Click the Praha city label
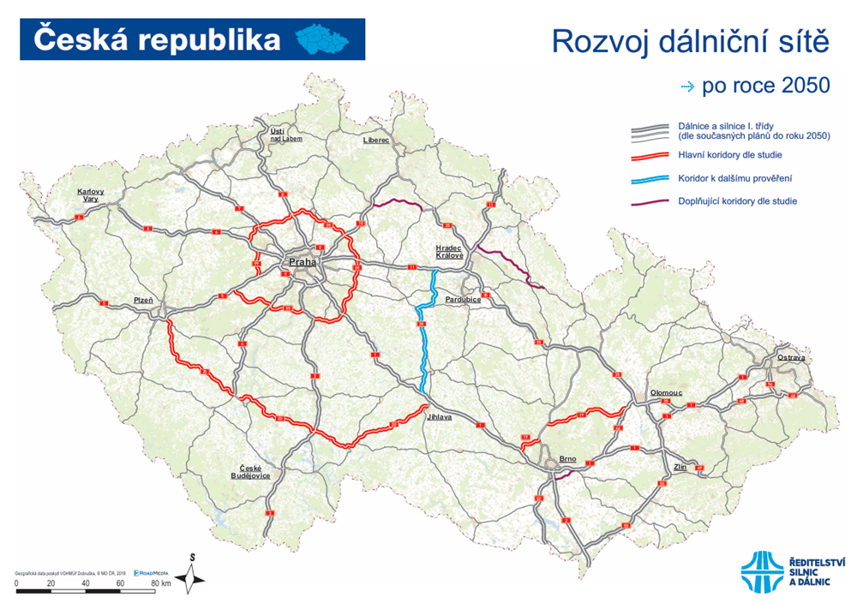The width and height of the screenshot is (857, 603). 303,263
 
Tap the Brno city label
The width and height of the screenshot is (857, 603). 567,459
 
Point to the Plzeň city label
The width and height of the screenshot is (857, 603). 142,300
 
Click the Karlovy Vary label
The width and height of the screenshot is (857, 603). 90,194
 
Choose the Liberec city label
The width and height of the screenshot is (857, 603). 376,139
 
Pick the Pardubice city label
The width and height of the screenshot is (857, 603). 464,300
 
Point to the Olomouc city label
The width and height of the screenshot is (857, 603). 666,392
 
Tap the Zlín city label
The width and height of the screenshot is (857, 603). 681,467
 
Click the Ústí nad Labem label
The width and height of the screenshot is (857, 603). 283,133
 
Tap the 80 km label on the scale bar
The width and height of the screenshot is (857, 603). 159,582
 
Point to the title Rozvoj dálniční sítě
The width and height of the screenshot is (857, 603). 691,41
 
